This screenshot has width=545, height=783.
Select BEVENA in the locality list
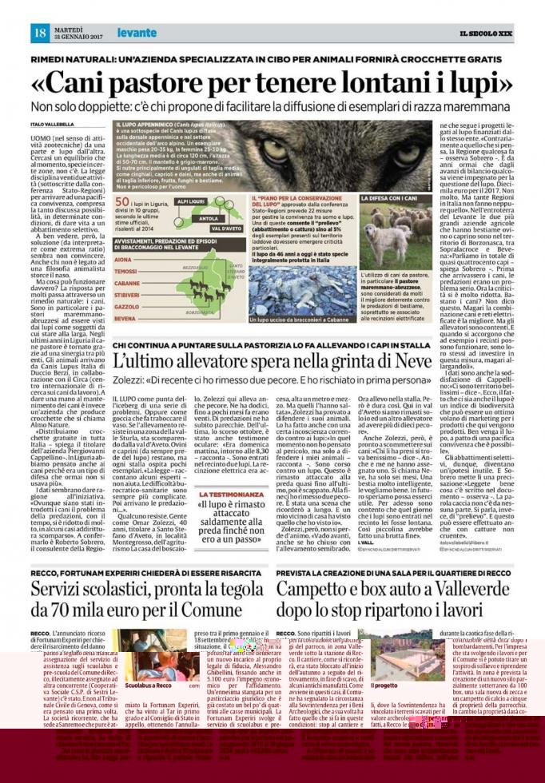(x=125, y=317)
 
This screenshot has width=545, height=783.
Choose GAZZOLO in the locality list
(x=127, y=306)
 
